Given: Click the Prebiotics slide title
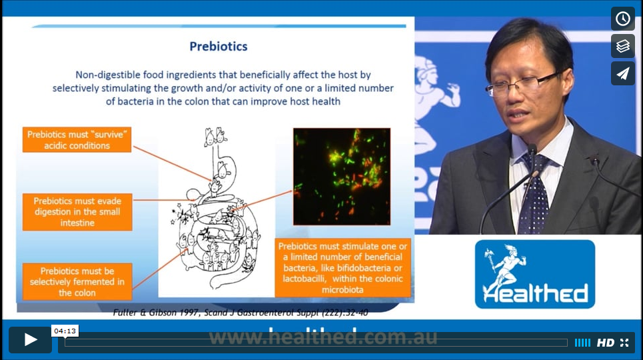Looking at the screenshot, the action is (218, 47).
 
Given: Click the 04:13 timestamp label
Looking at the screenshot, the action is (65, 331).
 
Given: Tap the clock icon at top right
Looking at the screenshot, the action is (622, 19).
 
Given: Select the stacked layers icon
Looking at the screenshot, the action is (622, 45).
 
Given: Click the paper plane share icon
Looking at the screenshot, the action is (622, 73).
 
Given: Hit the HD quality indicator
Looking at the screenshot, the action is (605, 343).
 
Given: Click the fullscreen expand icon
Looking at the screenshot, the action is (624, 343).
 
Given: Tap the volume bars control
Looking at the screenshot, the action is (582, 343).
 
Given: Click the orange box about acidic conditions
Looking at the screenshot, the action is (77, 139).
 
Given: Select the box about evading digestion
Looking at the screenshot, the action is (77, 212).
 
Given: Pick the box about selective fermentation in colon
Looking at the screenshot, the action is (77, 281).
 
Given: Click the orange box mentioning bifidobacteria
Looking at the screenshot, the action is (343, 267).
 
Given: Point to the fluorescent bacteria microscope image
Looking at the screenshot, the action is (342, 177).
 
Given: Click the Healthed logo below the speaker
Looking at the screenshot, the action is (535, 274).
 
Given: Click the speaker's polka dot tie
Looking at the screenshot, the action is (534, 193).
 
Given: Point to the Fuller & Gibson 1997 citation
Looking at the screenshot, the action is (241, 313).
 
